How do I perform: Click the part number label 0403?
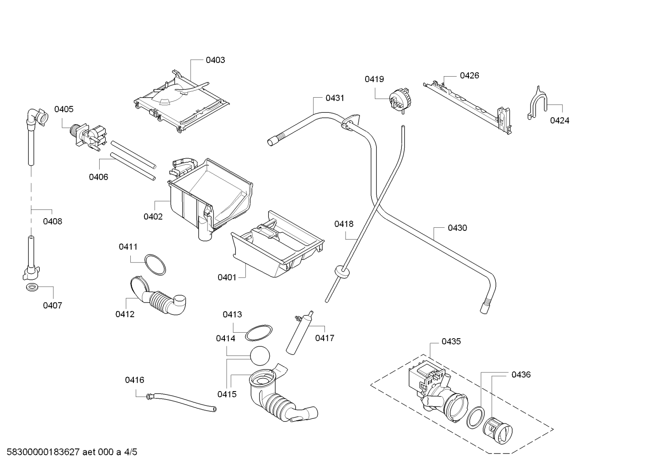(215, 60)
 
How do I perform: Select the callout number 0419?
(374, 79)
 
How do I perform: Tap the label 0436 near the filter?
(521, 375)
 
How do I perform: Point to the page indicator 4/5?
(131, 452)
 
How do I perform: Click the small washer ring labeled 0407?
(32, 287)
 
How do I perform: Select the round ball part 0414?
(260, 356)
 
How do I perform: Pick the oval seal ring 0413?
(259, 333)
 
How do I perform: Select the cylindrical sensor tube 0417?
(300, 333)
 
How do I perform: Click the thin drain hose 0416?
(181, 402)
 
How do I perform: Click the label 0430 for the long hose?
(457, 228)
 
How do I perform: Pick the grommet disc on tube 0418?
(342, 271)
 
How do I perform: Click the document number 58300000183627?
(43, 452)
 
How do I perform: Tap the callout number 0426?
(469, 76)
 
